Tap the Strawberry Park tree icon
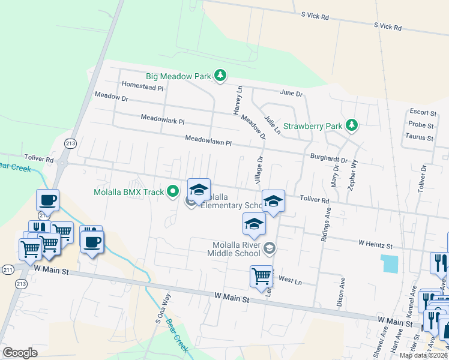pyautogui.click(x=352, y=125)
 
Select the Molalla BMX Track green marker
pyautogui.click(x=173, y=192)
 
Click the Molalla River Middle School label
pyautogui.click(x=239, y=249)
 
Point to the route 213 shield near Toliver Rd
pyautogui.click(x=70, y=143)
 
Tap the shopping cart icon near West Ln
pyautogui.click(x=261, y=277)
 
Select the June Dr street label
pyautogui.click(x=291, y=94)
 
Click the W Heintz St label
pyautogui.click(x=375, y=245)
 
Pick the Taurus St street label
pyautogui.click(x=419, y=137)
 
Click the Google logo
pyautogui.click(x=20, y=352)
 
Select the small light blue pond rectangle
pyautogui.click(x=389, y=263)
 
